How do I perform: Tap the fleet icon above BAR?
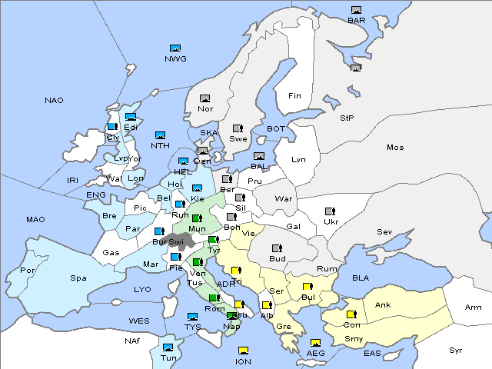[356, 10]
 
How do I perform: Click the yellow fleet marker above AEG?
[315, 343]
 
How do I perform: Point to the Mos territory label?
[395, 147]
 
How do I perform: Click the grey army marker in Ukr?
[331, 211]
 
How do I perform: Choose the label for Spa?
[78, 278]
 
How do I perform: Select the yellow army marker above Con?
[351, 314]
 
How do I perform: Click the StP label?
[347, 118]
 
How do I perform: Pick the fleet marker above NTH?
[160, 135]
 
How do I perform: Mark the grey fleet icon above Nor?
[204, 98]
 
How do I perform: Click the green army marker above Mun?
[197, 218]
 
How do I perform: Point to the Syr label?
[457, 350]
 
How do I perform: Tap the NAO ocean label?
[55, 101]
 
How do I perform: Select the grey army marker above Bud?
[277, 248]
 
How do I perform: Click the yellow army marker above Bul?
[307, 287]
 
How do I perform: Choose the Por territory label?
[28, 271]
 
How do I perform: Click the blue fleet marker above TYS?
[192, 317]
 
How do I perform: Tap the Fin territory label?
[294, 96]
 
